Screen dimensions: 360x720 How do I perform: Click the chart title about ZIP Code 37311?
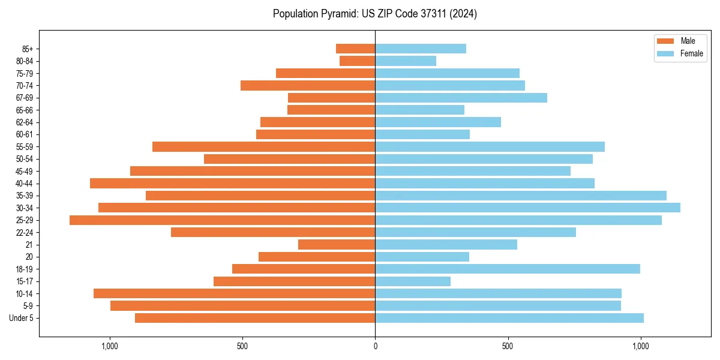tap(374, 14)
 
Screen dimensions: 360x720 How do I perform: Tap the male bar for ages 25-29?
tap(222, 220)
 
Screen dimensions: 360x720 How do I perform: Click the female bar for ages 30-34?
tap(527, 208)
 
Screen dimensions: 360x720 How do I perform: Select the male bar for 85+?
tap(355, 49)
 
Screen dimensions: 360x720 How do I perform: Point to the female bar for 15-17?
tap(413, 281)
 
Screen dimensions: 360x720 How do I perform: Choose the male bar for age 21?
tap(337, 245)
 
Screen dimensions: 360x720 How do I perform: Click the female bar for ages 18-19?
tap(508, 269)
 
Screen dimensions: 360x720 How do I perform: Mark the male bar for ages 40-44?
tap(232, 183)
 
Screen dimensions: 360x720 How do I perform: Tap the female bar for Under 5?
tap(509, 318)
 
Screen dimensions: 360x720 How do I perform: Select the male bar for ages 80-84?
tap(357, 61)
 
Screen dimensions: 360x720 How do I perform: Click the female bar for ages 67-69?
tap(461, 98)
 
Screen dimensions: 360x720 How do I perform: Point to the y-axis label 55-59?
tap(25, 147)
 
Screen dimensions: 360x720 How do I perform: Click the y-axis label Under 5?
tap(22, 318)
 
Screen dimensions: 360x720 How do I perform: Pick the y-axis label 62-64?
tap(25, 122)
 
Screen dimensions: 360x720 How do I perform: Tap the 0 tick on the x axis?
tap(375, 346)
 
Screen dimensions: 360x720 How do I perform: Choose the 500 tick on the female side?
tap(508, 346)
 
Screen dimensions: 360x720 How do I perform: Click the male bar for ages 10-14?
tap(234, 293)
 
